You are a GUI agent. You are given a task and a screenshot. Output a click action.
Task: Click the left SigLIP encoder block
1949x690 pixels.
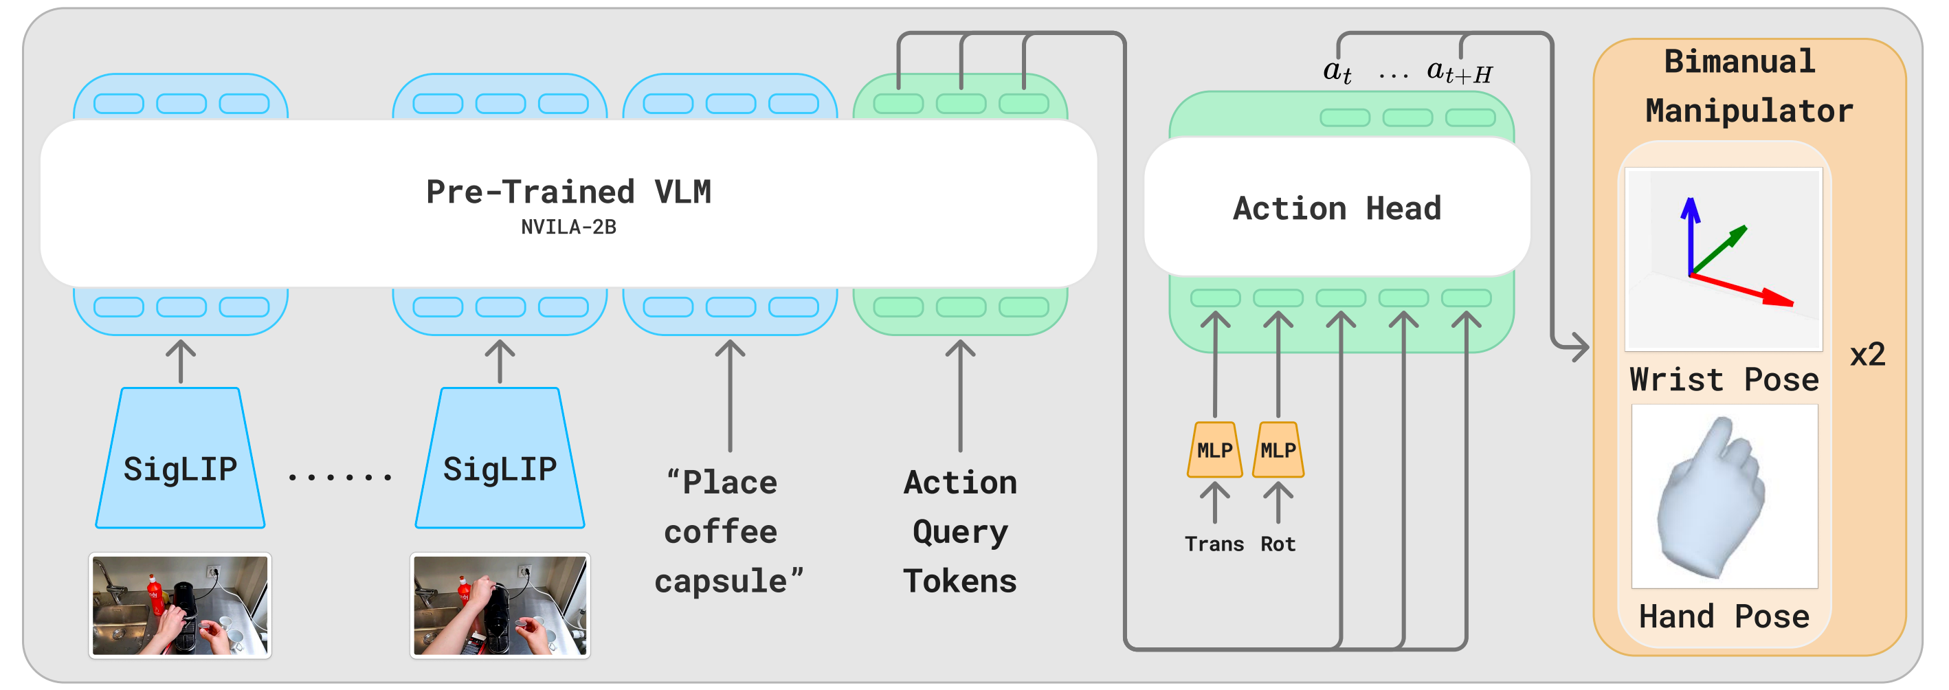point(180,458)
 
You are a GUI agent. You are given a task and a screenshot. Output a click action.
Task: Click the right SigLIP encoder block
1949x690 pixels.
point(500,458)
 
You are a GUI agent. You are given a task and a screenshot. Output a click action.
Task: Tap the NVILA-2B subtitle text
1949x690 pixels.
point(568,227)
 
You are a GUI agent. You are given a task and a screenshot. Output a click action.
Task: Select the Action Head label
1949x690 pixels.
point(1337,208)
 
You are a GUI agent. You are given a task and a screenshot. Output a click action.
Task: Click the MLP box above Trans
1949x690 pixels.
point(1214,449)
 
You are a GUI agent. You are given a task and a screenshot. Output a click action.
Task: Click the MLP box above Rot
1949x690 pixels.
point(1278,449)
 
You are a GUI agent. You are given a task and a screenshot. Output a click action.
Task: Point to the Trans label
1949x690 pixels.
point(1214,544)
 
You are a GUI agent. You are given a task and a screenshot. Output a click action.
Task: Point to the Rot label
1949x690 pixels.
point(1278,544)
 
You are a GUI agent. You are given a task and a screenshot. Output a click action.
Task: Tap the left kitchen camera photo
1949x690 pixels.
point(180,605)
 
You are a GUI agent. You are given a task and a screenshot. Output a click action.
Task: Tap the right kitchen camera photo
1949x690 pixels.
point(500,605)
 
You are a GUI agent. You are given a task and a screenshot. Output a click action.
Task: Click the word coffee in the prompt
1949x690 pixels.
point(720,532)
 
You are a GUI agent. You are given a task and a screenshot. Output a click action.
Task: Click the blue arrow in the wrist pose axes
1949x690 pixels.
point(1690,236)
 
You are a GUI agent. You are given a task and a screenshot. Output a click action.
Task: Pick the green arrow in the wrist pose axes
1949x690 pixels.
point(1718,250)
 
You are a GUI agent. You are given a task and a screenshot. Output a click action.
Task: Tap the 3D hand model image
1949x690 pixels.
point(1724,496)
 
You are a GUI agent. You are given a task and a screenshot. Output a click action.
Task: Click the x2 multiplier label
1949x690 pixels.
point(1867,355)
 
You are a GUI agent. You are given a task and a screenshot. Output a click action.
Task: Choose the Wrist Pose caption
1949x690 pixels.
point(1724,379)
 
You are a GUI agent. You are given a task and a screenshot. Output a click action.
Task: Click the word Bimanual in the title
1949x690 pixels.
point(1739,61)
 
